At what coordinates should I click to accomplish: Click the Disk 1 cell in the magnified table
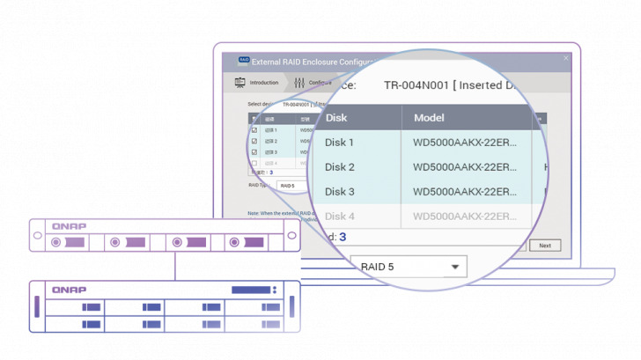click(340, 143)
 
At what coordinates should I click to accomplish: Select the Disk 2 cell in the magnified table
click(340, 167)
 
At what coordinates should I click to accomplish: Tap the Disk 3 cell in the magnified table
click(340, 192)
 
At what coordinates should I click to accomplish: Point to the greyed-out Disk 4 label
click(340, 217)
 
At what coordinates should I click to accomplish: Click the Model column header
click(429, 117)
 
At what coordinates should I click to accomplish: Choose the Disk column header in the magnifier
click(335, 117)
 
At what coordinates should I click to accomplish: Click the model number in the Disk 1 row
click(465, 143)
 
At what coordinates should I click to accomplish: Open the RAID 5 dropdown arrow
click(455, 265)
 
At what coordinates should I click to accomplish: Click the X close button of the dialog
click(566, 59)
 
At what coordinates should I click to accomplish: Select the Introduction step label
click(264, 83)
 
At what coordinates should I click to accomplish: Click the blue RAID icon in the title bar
click(243, 61)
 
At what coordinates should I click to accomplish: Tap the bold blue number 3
click(343, 237)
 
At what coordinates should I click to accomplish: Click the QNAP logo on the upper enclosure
click(68, 226)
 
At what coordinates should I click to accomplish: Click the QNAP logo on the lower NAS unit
click(69, 290)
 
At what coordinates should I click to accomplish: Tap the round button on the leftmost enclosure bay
click(56, 242)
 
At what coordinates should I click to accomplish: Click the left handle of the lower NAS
click(36, 307)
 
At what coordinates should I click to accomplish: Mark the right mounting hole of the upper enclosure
click(291, 236)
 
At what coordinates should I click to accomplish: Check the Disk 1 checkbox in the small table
click(254, 130)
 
